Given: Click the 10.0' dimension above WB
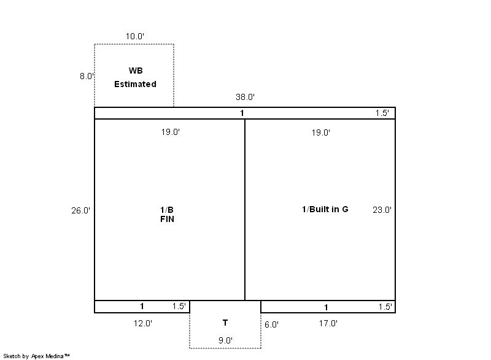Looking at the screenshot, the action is click(x=135, y=36).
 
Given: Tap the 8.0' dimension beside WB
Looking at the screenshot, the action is click(x=87, y=76).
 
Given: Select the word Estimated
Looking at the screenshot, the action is click(x=135, y=84).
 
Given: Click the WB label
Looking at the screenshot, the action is click(x=136, y=71).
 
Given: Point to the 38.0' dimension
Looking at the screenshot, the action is click(x=245, y=97).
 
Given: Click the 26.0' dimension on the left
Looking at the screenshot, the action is click(x=80, y=210).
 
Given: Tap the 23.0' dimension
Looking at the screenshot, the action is click(x=382, y=210).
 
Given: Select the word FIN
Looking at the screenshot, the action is click(x=167, y=220).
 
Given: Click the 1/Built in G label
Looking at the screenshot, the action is click(x=325, y=209).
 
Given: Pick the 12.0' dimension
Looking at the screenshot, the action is click(x=143, y=323).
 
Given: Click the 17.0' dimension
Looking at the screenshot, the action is click(x=328, y=323).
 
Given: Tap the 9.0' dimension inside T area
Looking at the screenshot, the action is click(x=225, y=340).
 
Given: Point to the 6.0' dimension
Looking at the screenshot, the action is click(x=271, y=324).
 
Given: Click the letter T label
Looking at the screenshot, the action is click(x=225, y=323).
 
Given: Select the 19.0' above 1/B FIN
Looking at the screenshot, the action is click(x=171, y=132).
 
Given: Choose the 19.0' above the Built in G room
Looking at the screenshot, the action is click(x=321, y=132).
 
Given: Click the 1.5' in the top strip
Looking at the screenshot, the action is click(x=382, y=113).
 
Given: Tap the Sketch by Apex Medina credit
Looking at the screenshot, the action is click(x=36, y=356).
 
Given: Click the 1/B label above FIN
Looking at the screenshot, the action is click(x=167, y=210).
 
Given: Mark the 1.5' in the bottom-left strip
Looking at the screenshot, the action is click(x=179, y=306).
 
